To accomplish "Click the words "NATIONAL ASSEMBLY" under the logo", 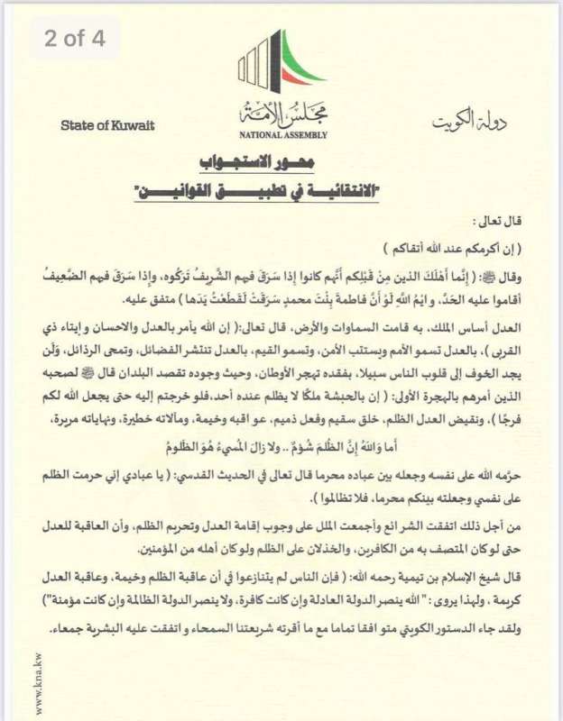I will click(283, 135).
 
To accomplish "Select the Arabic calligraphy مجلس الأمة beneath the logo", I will click(283, 114).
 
